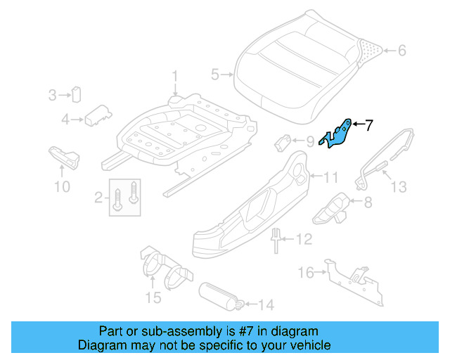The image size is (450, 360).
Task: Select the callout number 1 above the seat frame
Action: point(176,76)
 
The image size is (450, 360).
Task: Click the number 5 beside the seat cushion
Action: point(215,72)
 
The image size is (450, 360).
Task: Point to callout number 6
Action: point(401,51)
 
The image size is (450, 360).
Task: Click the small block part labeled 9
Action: point(283,141)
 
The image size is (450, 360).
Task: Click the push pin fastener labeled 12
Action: point(275,240)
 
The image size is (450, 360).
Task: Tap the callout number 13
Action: point(399,187)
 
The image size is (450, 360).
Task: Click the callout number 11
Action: point(330,176)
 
